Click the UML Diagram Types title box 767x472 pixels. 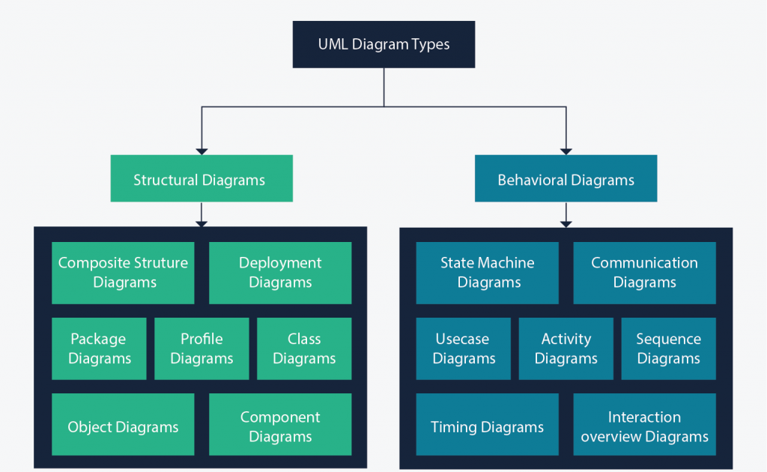click(x=384, y=44)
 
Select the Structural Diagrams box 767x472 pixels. click(x=201, y=178)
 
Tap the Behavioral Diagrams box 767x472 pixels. click(x=566, y=178)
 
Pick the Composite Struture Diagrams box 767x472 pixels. click(x=123, y=273)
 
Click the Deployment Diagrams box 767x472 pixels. click(x=280, y=273)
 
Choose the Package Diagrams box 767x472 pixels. click(x=99, y=348)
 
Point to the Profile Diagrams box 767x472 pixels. click(x=201, y=348)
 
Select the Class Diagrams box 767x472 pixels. click(x=304, y=348)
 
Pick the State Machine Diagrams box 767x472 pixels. click(x=487, y=273)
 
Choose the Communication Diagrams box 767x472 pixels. click(x=644, y=273)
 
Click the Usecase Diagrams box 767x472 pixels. click(x=463, y=348)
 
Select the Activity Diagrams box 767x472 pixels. click(x=566, y=348)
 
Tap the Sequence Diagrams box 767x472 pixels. click(x=668, y=348)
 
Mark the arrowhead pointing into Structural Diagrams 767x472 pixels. click(x=201, y=150)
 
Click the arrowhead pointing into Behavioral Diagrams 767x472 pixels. click(x=566, y=150)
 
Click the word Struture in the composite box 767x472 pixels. click(x=161, y=263)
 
